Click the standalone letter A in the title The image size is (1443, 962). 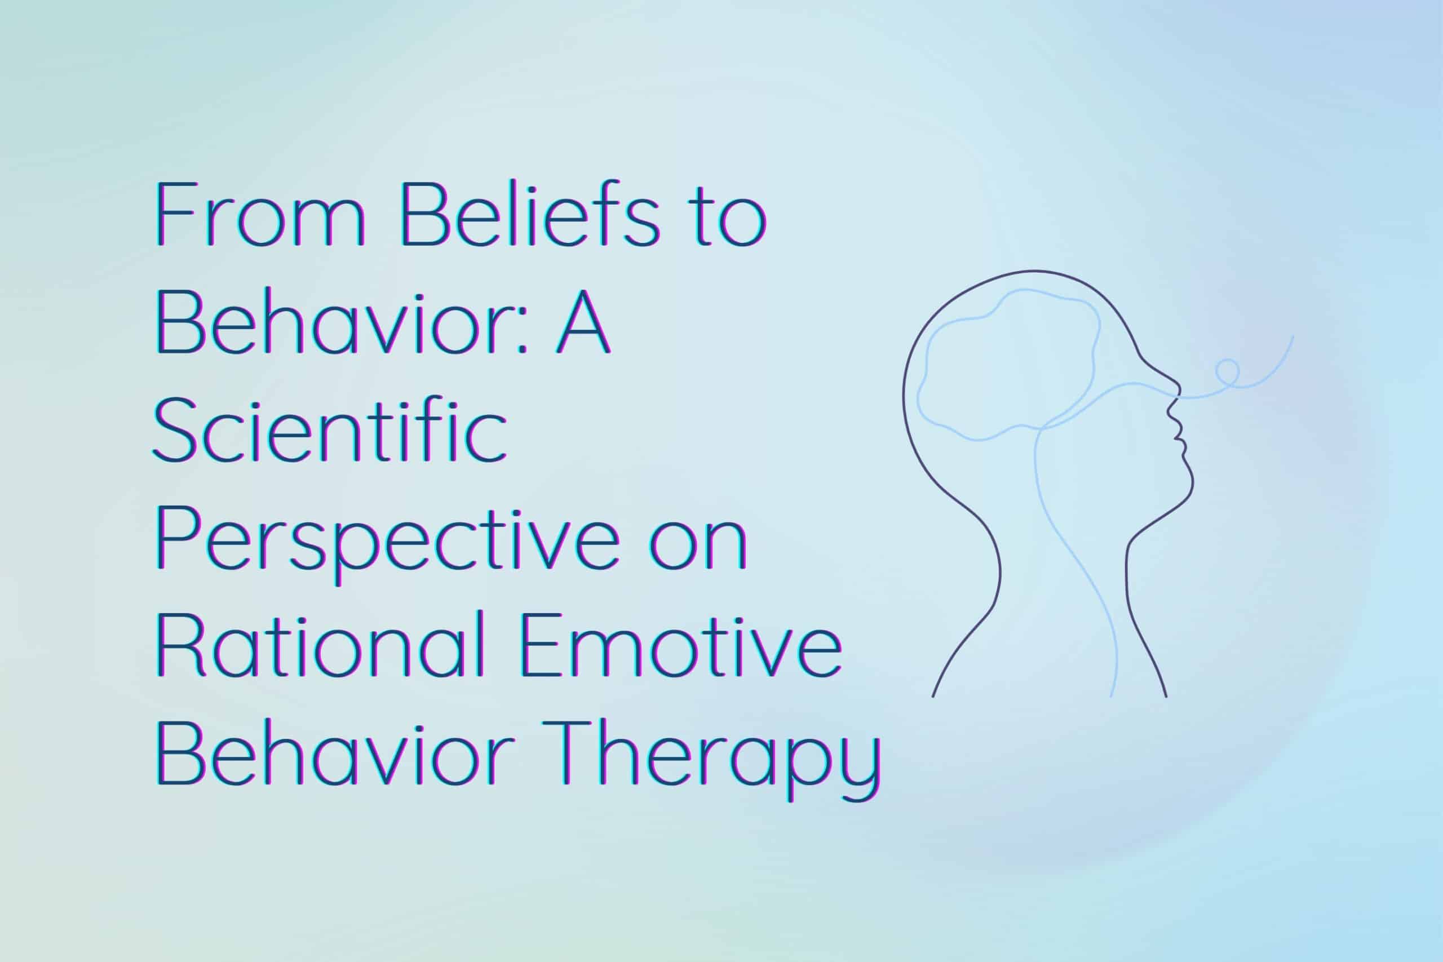pos(583,322)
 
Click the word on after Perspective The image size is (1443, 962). pos(699,546)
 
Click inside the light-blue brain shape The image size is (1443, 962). pos(1006,368)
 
